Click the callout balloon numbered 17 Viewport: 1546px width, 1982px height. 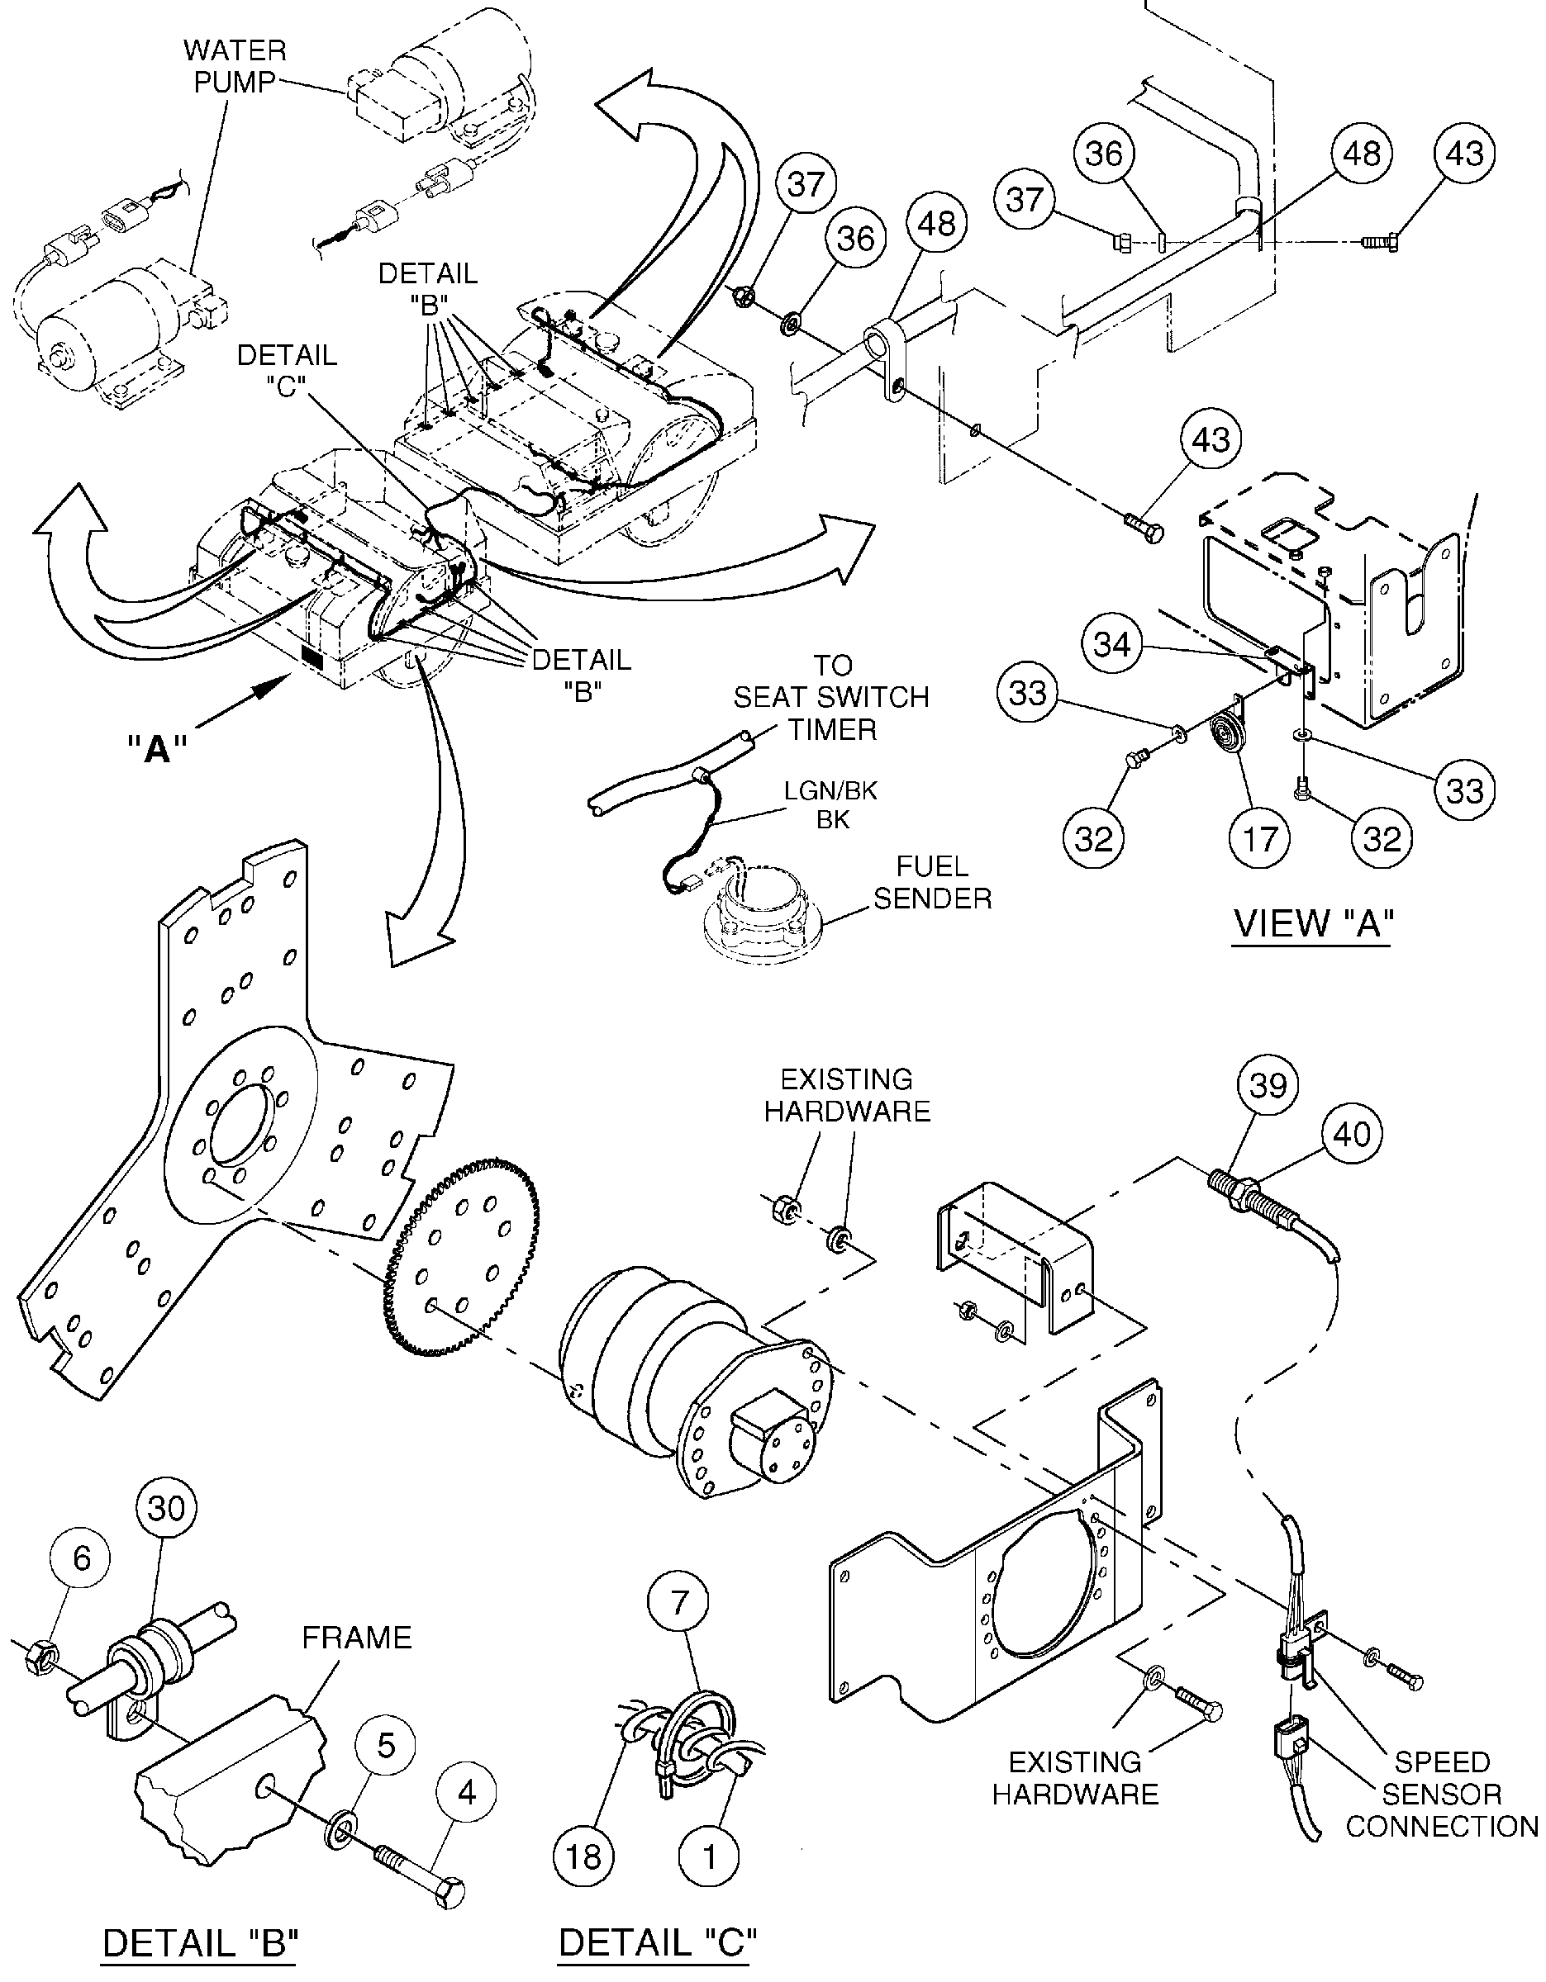tap(1260, 837)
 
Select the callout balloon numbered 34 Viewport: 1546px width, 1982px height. tap(1112, 645)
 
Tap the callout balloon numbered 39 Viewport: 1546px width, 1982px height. tap(1268, 1084)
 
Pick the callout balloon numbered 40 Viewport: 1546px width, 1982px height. tap(1352, 1134)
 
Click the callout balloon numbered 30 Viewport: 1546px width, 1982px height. tap(166, 1509)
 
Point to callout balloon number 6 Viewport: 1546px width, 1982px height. tap(82, 1558)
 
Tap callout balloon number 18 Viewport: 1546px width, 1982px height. tap(583, 1856)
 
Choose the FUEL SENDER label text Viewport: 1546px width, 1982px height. tap(932, 882)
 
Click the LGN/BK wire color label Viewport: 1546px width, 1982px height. tap(830, 790)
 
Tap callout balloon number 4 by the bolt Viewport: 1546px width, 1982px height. tap(467, 1793)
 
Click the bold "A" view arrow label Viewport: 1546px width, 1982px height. tap(157, 749)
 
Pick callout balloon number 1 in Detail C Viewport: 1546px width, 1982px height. tap(709, 1856)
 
